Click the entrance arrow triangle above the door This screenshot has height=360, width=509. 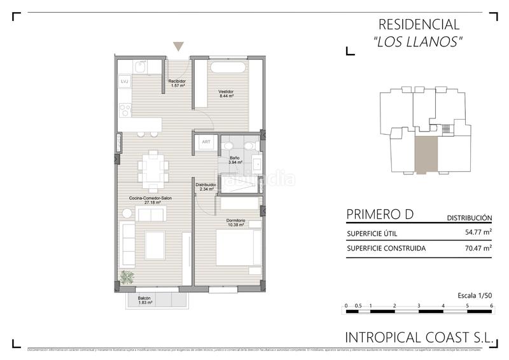click(179, 46)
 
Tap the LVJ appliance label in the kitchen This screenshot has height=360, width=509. click(125, 81)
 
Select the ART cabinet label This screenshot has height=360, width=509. click(206, 142)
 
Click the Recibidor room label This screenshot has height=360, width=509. click(177, 83)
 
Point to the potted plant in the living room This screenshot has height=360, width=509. click(127, 277)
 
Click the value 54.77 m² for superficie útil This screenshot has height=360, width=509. click(478, 233)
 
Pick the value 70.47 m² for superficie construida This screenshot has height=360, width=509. click(478, 249)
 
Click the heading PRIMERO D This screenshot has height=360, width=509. click(380, 214)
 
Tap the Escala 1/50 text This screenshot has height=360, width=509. click(475, 295)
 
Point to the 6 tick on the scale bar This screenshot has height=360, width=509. click(492, 306)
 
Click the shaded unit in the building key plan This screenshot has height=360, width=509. click(426, 155)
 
